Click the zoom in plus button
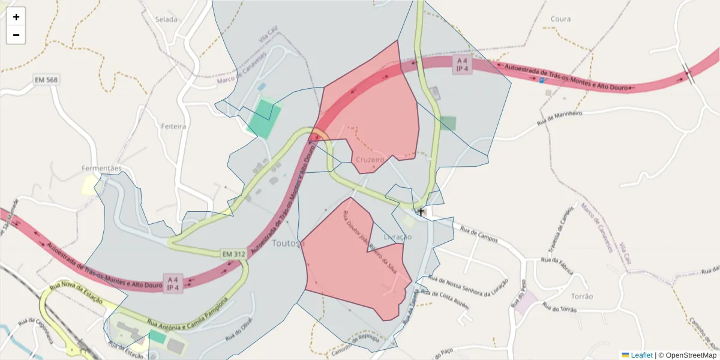click(x=16, y=17)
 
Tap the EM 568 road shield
click(x=46, y=80)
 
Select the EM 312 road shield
click(x=234, y=254)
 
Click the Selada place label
click(x=166, y=19)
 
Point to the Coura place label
click(x=560, y=19)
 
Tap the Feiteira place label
click(x=174, y=127)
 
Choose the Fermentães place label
click(x=102, y=169)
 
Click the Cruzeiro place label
click(x=369, y=160)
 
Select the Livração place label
click(x=398, y=237)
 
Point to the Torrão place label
click(x=582, y=296)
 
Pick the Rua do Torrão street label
click(x=559, y=308)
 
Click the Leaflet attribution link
click(x=641, y=355)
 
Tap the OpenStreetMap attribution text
click(x=688, y=355)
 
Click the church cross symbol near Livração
click(x=421, y=212)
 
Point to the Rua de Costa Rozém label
click(x=445, y=298)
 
